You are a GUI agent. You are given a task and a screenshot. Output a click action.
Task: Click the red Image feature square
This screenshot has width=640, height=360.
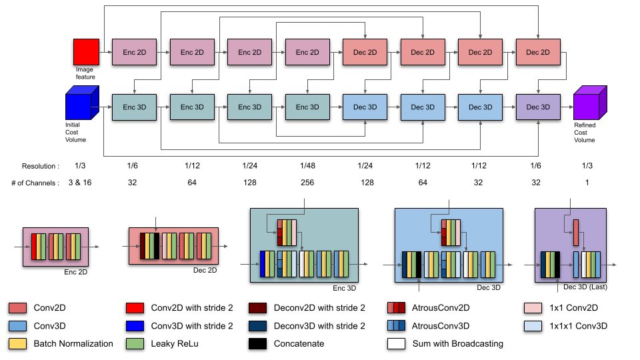click(86, 52)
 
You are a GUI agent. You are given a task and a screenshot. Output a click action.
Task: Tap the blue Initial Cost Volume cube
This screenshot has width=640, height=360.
click(81, 107)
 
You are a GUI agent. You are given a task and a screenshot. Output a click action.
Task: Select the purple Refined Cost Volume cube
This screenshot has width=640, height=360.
click(589, 105)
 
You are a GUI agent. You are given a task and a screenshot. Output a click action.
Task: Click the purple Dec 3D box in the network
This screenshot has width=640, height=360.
click(537, 107)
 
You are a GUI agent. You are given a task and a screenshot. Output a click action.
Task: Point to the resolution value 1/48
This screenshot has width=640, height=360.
click(307, 165)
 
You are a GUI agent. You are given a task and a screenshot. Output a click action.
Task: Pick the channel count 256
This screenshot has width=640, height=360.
click(307, 183)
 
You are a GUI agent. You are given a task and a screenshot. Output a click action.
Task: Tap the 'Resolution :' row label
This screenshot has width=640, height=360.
click(40, 165)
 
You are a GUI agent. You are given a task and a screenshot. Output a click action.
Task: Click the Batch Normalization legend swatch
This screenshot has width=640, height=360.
click(18, 344)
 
